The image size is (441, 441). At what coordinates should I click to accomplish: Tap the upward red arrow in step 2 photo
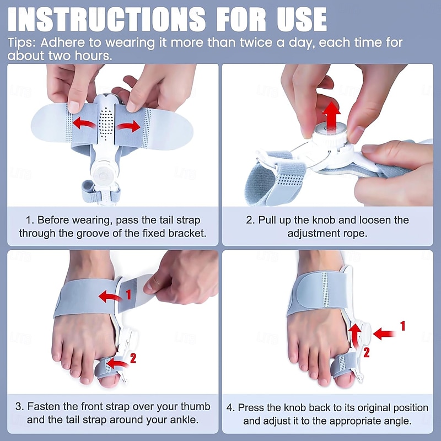click(x=332, y=115)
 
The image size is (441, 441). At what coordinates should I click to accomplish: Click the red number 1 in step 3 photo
click(x=128, y=295)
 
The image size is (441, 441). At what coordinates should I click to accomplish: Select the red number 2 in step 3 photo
click(x=132, y=358)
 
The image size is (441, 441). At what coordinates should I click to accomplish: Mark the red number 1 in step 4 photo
click(x=402, y=326)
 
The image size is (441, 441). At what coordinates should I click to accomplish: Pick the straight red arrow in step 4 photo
click(x=385, y=333)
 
